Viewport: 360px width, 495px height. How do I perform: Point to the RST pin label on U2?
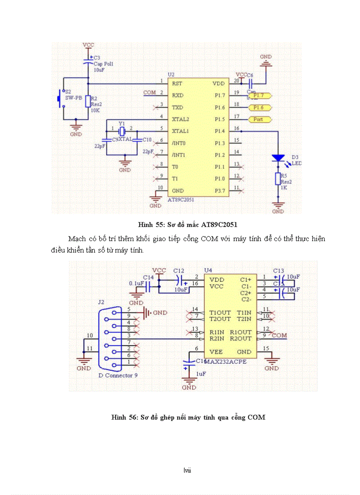click(177, 83)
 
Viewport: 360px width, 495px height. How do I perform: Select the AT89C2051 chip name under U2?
click(181, 200)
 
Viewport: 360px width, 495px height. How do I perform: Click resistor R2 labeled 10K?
click(88, 101)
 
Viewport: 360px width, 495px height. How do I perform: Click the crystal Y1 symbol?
click(122, 131)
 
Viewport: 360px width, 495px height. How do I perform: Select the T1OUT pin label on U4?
click(220, 313)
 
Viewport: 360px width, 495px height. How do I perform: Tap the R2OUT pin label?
click(240, 339)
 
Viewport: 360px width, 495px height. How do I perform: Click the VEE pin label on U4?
click(216, 352)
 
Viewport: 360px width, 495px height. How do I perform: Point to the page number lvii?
click(187, 470)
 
